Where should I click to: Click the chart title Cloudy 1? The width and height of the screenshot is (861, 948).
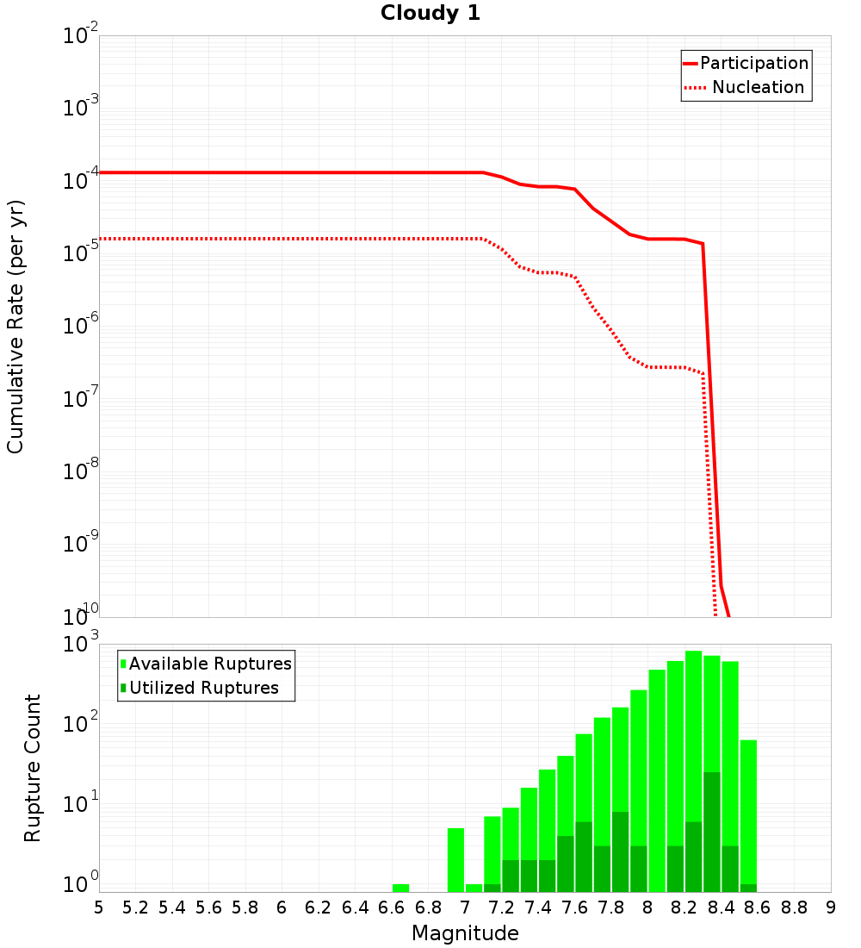click(430, 14)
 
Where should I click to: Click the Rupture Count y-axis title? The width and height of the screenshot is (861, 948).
click(33, 767)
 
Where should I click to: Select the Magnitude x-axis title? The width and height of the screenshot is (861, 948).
click(465, 933)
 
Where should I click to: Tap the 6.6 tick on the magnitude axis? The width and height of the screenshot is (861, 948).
click(392, 907)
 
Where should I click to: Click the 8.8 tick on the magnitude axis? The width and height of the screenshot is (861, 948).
click(794, 907)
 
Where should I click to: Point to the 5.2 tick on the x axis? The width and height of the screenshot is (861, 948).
click(135, 907)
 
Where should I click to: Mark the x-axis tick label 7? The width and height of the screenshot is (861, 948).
click(465, 907)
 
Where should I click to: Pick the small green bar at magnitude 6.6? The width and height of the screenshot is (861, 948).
click(400, 888)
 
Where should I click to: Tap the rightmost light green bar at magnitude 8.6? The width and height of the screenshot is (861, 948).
click(748, 810)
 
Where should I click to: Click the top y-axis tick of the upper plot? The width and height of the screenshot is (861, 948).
click(81, 36)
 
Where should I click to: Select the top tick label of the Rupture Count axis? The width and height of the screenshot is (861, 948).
click(83, 645)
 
